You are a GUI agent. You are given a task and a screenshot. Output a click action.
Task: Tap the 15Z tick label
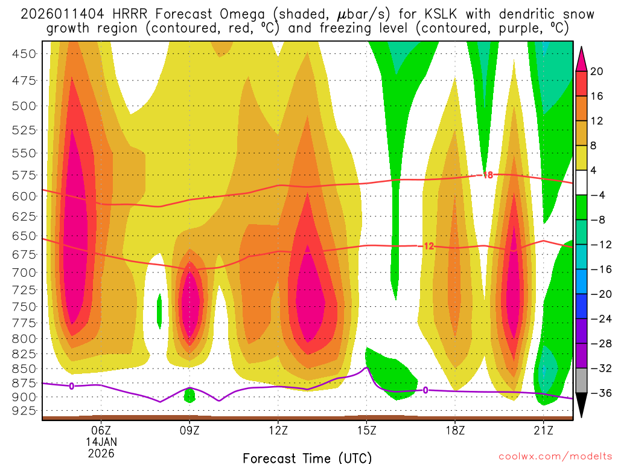(366, 430)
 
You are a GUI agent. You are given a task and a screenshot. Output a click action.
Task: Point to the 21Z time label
(543, 430)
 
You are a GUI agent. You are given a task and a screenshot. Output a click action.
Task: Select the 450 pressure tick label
(25, 54)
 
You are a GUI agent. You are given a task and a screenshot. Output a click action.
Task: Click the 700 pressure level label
(25, 272)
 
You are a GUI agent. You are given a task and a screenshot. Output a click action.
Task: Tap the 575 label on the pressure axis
(25, 175)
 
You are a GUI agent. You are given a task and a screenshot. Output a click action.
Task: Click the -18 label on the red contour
(486, 175)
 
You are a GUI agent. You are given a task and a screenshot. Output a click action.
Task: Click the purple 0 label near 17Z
(425, 390)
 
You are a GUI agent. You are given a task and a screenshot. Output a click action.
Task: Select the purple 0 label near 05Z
(72, 385)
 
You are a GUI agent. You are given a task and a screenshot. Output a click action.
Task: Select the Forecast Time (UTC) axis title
(307, 457)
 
